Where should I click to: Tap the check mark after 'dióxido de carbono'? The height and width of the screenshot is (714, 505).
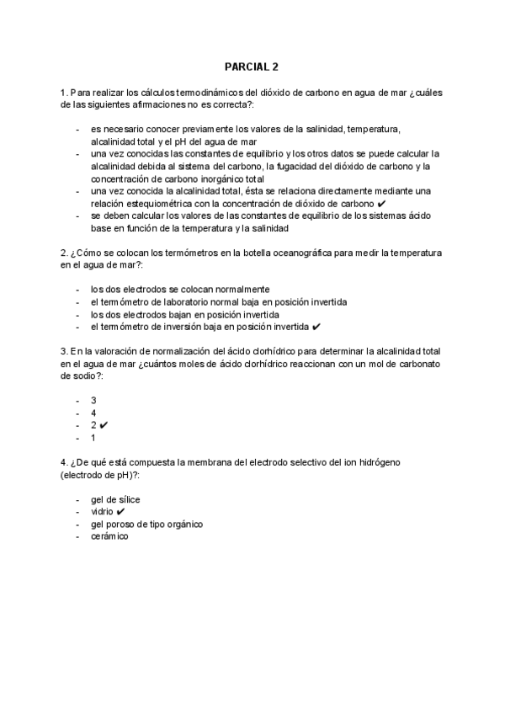pyautogui.click(x=382, y=204)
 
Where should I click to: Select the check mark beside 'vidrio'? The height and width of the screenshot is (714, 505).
pyautogui.click(x=121, y=511)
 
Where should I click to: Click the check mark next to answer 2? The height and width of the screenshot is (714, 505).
pyautogui.click(x=104, y=425)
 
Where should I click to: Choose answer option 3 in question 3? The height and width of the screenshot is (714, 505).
pyautogui.click(x=94, y=400)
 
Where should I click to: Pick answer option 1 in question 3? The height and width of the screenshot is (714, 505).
pyautogui.click(x=94, y=438)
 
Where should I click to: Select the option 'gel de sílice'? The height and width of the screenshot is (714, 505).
pyautogui.click(x=115, y=499)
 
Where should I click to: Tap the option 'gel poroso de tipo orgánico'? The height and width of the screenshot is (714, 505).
pyautogui.click(x=146, y=524)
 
